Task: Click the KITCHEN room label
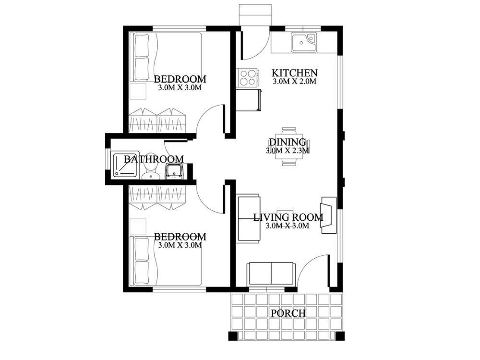coord(295,73)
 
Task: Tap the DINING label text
coord(287,142)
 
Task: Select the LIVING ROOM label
coord(288,217)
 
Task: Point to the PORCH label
coord(288,313)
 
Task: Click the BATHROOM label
coord(154,159)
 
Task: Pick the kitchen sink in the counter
coord(303,42)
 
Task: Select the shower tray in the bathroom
coord(124,166)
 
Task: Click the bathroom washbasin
coord(174,171)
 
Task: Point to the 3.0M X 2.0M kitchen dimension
coord(295,82)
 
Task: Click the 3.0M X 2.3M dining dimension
coord(287,150)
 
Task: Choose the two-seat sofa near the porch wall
coord(271,274)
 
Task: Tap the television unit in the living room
coord(329,215)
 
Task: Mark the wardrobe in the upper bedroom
coord(157,120)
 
